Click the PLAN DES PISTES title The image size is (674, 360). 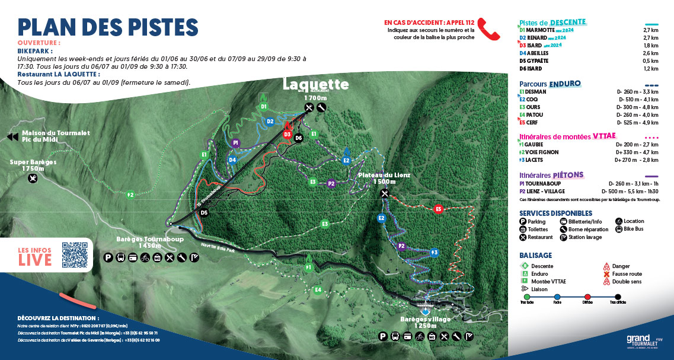(107, 27)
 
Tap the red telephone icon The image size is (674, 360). (489, 28)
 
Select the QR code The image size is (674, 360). (74, 255)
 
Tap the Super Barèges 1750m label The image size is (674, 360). (33, 164)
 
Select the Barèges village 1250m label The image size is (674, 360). (425, 322)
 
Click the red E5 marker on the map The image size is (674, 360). (439, 209)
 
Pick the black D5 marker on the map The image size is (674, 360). (204, 212)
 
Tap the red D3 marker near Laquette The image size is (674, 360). (287, 135)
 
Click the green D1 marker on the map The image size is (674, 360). (264, 107)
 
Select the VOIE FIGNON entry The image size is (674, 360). (542, 152)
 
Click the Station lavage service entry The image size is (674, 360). (584, 237)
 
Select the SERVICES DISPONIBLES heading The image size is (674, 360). (555, 213)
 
